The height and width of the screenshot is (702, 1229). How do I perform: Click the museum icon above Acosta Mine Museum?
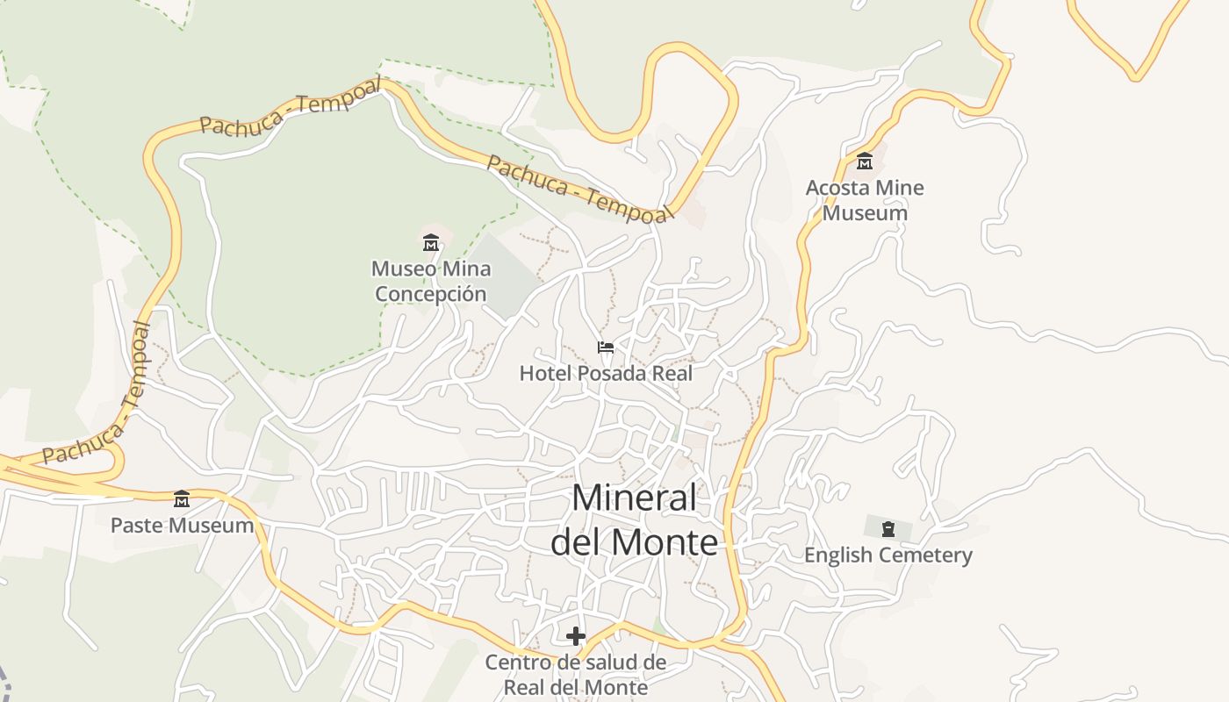865,161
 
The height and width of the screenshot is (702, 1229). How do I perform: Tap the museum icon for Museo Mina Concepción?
431,242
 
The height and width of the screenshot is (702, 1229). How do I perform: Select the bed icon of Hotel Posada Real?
606,347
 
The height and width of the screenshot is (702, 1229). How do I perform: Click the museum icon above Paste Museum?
182,499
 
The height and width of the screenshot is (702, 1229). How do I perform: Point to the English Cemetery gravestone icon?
888,529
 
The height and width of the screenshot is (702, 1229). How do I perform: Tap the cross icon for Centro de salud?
576,636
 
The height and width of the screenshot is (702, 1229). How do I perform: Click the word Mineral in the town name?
634,498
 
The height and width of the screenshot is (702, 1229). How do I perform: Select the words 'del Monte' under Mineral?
634,542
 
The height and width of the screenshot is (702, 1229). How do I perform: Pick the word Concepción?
430,294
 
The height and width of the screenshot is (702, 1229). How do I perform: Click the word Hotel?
540,374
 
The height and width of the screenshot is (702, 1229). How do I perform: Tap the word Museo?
399,269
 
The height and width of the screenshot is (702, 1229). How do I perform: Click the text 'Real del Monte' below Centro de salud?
576,687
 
